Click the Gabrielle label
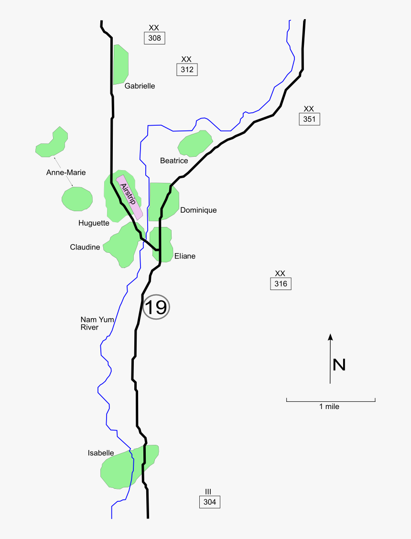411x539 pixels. (140, 86)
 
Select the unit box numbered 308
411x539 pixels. (154, 38)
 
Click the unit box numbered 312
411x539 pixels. (187, 70)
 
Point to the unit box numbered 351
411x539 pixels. (309, 119)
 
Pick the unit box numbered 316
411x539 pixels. (281, 284)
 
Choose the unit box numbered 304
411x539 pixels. (210, 502)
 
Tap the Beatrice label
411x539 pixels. (174, 161)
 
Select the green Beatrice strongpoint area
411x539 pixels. (195, 143)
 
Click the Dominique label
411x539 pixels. (198, 210)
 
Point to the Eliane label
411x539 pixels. (185, 256)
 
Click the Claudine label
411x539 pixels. (85, 247)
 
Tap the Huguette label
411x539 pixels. (94, 223)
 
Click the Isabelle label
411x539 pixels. (101, 453)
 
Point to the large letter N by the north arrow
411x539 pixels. (339, 365)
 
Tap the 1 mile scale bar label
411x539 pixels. (329, 407)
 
